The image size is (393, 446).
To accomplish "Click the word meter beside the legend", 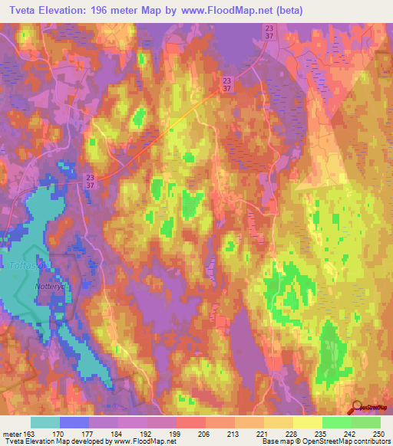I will tap(12, 432).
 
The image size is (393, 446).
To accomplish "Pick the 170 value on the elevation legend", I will tap(60, 432).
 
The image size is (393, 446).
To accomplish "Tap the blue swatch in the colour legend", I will tap(74, 422).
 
